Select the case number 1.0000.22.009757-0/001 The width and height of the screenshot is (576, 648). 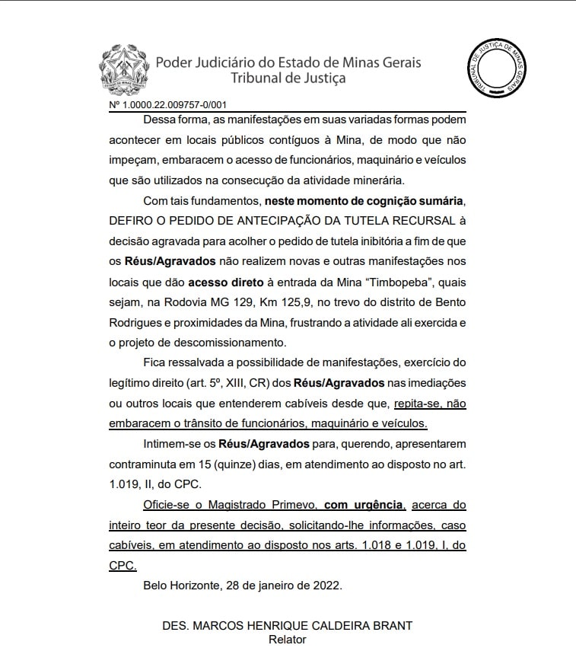click(173, 105)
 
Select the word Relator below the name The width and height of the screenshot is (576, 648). click(287, 640)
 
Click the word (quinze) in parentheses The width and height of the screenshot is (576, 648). click(253, 464)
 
